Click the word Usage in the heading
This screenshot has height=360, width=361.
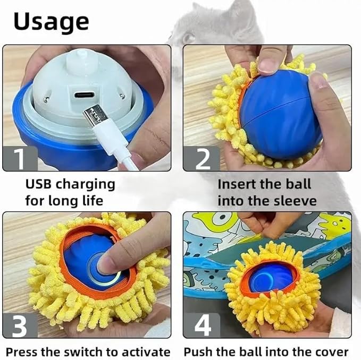51,22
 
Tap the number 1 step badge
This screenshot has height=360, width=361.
20,158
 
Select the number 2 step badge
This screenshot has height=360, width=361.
201,158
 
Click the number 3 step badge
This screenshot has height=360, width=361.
20,326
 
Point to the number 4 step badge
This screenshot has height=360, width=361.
201,326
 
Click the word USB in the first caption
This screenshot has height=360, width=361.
39,184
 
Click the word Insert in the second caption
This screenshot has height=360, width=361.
236,184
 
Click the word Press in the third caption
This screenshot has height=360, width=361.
21,352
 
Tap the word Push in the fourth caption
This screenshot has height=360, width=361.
197,352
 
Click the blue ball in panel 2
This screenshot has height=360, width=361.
279,114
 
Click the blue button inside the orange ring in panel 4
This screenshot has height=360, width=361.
270,278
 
